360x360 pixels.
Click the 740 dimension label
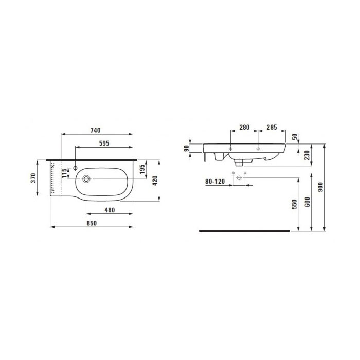[96, 130]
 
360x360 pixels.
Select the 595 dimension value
[104, 143]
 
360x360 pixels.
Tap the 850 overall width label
[92, 223]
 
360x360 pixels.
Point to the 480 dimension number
[110, 210]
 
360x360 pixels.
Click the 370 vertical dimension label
[33, 178]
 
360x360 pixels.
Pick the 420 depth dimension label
[155, 181]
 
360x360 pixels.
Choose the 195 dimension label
[142, 169]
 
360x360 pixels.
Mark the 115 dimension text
[64, 173]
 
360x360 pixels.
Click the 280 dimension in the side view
[244, 127]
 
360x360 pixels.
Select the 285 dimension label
[272, 127]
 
